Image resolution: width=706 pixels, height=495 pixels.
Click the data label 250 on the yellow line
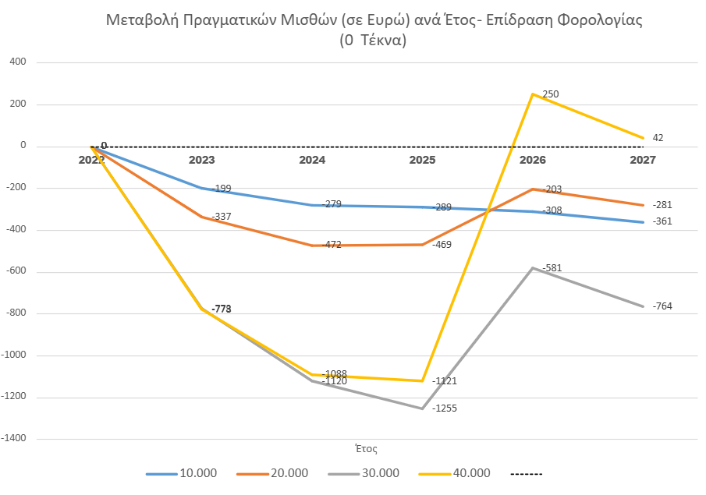pos(551,94)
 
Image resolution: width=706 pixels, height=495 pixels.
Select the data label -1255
pos(447,408)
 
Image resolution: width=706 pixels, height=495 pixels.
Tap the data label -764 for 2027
pos(662,306)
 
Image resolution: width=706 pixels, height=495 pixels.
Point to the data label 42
pos(658,138)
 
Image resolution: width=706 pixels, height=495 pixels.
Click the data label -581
pos(552,268)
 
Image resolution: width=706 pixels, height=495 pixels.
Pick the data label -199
pos(222,189)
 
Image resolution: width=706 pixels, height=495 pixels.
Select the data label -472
pos(332,245)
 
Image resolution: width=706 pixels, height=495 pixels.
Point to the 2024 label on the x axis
pos(312,159)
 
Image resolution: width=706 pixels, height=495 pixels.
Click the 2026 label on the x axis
pos(533,159)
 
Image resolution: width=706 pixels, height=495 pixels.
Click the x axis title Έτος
pos(366,448)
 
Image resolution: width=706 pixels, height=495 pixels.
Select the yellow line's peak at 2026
pos(533,94)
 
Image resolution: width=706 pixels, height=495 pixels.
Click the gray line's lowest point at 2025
pos(423,408)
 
